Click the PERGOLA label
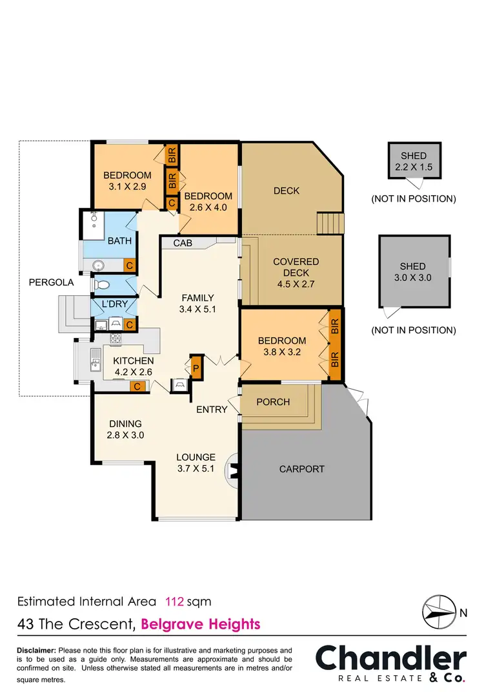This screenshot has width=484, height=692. [x=52, y=282]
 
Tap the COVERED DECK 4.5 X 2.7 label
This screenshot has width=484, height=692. [x=296, y=273]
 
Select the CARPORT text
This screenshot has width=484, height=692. [x=301, y=469]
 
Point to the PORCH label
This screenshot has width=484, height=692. [x=273, y=402]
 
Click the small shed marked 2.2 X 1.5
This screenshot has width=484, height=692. [x=413, y=162]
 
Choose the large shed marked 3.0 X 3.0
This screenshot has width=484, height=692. [x=413, y=271]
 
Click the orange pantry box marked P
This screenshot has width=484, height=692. [x=196, y=367]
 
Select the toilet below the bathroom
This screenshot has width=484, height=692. [x=101, y=284]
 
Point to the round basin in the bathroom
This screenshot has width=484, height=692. [x=99, y=265]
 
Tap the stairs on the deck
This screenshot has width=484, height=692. [x=328, y=224]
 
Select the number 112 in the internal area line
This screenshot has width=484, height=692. [x=175, y=602]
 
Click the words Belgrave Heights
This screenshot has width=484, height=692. [x=200, y=624]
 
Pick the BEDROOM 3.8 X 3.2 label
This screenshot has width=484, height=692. [x=282, y=346]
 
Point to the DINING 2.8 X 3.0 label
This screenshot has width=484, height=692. [x=125, y=430]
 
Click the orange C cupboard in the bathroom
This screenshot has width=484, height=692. [x=129, y=266]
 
